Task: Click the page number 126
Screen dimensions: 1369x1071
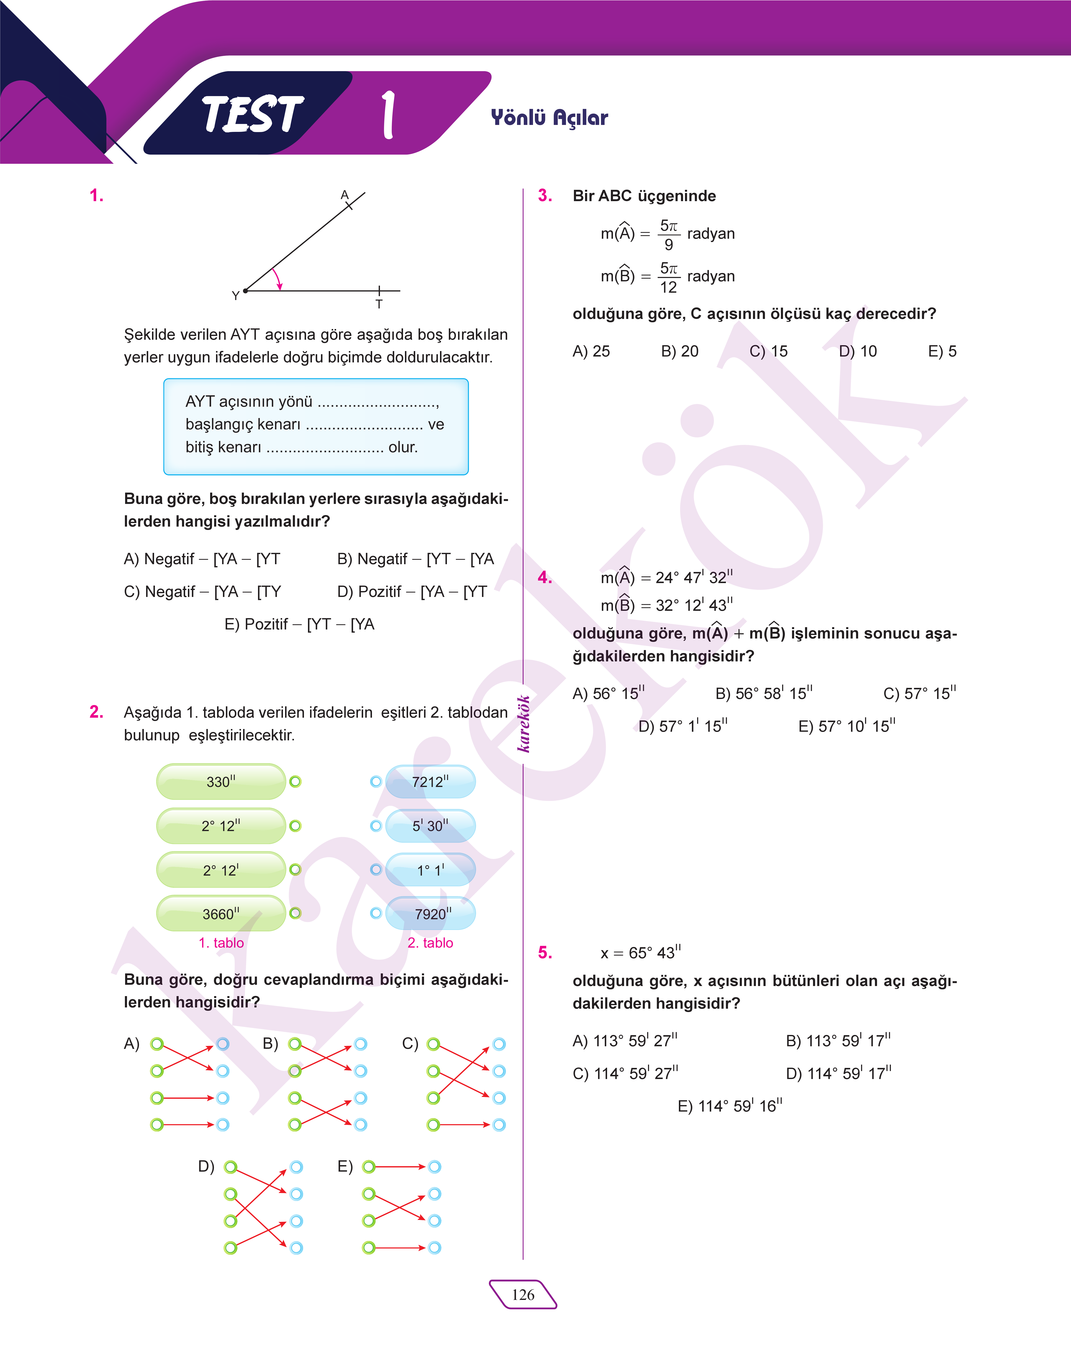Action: [523, 1294]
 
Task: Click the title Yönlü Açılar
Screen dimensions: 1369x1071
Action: [549, 117]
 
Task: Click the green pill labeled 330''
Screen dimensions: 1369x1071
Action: [221, 781]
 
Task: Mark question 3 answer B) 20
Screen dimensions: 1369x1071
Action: [680, 351]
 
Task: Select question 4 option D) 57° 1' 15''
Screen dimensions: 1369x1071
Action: [683, 726]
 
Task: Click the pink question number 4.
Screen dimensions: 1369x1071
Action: [545, 578]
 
